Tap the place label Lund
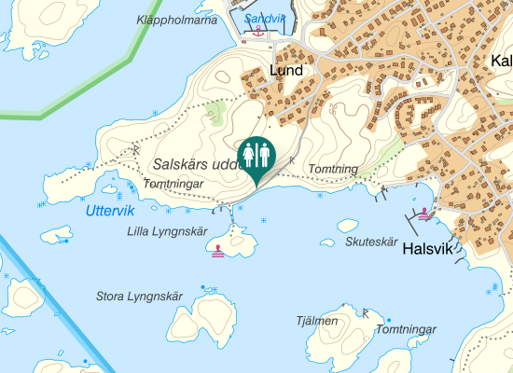[286, 70]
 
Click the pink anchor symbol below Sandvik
[258, 31]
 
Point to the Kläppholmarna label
[176, 20]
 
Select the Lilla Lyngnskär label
[166, 231]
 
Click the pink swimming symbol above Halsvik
[426, 214]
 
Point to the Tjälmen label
[316, 321]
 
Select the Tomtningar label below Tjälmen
[406, 330]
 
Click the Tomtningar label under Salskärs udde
[173, 184]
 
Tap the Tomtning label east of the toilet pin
[333, 169]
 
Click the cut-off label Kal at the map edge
[500, 62]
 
